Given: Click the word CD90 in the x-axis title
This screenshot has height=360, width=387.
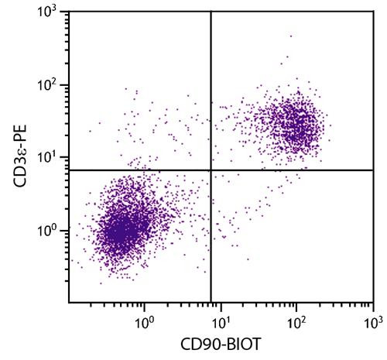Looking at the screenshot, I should [x=197, y=345].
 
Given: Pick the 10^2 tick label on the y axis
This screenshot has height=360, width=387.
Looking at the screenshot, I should [x=52, y=84].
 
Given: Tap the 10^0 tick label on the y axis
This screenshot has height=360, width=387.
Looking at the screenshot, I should [x=52, y=230].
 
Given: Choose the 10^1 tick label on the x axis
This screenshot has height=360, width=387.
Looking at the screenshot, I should [x=221, y=317].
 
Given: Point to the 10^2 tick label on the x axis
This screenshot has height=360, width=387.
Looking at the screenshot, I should [x=296, y=317].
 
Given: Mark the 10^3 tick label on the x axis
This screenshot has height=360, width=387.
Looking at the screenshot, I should [x=372, y=317].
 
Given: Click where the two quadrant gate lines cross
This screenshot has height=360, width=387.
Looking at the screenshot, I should [x=211, y=170].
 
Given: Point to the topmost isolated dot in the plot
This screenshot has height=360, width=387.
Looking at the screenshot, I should [x=291, y=36].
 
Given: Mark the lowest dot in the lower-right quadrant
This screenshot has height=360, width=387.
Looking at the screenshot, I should [x=248, y=259].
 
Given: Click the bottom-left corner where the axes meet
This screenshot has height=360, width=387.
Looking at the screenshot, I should [x=69, y=303].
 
